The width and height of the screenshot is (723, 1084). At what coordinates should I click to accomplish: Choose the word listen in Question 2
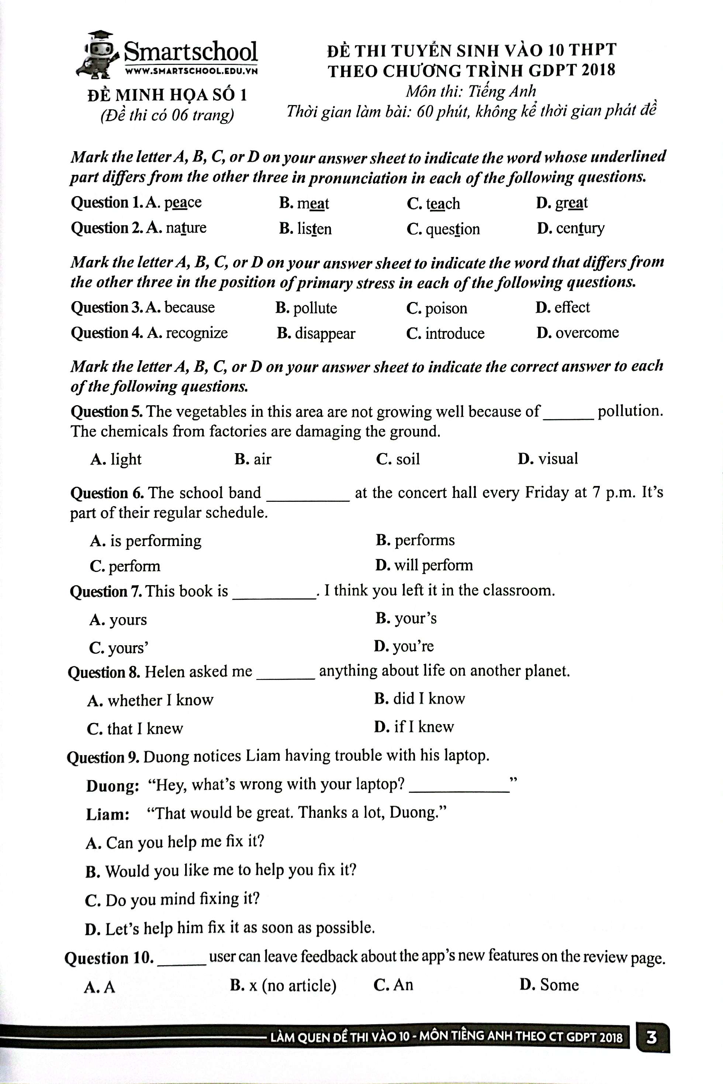click(314, 229)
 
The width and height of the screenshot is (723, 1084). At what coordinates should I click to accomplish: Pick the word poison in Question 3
click(446, 308)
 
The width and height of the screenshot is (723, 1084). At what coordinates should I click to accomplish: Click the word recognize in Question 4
click(196, 333)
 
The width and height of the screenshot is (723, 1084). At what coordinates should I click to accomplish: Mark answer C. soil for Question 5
click(398, 459)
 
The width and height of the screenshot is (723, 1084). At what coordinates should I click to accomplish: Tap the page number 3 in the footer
click(651, 1038)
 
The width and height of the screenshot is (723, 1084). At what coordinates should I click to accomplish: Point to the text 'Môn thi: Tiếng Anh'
click(471, 91)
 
